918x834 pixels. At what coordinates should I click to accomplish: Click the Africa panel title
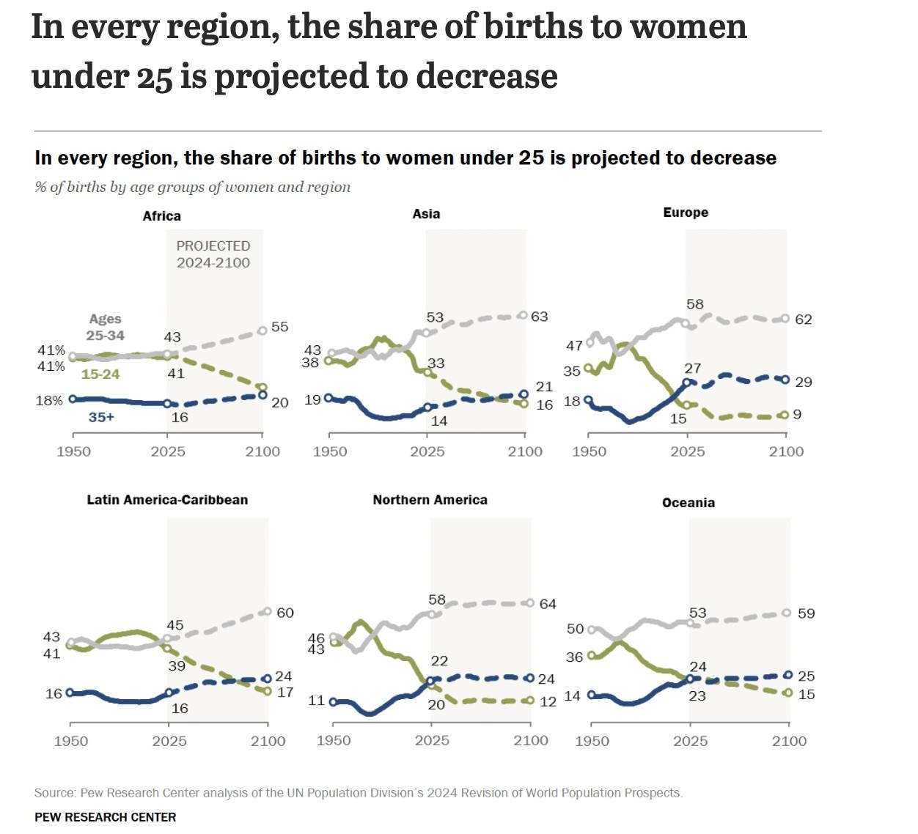coord(161,216)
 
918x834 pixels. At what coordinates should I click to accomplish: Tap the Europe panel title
coord(686,213)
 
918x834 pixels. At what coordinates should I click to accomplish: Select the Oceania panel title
coord(688,503)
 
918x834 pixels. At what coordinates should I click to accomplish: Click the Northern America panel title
coord(430,500)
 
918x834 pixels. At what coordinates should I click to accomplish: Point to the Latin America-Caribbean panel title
coord(167,500)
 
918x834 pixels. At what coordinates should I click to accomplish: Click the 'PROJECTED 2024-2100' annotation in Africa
coord(213,254)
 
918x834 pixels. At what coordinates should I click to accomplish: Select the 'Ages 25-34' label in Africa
coord(106,327)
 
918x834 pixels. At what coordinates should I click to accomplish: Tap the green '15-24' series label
coord(100,374)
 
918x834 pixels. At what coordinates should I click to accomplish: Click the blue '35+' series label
coord(101,417)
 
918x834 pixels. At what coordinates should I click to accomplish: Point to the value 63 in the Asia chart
coord(540,317)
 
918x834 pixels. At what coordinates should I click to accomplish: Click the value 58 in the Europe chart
coord(695,304)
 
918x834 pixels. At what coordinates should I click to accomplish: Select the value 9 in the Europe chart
coord(797,415)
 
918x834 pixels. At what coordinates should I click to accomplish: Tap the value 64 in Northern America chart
coord(548,604)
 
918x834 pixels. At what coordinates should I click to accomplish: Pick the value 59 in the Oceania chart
coord(806,613)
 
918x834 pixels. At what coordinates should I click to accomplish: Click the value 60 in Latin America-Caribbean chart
coord(285,613)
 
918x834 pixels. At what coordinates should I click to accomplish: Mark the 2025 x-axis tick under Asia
coord(427,451)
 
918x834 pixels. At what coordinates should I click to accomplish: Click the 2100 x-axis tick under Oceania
coord(789,741)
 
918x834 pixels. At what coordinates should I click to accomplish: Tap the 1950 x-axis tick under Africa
coord(73,451)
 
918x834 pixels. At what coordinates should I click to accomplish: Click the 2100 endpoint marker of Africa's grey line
coord(262,331)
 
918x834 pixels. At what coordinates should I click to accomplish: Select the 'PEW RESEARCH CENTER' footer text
coord(106,817)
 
